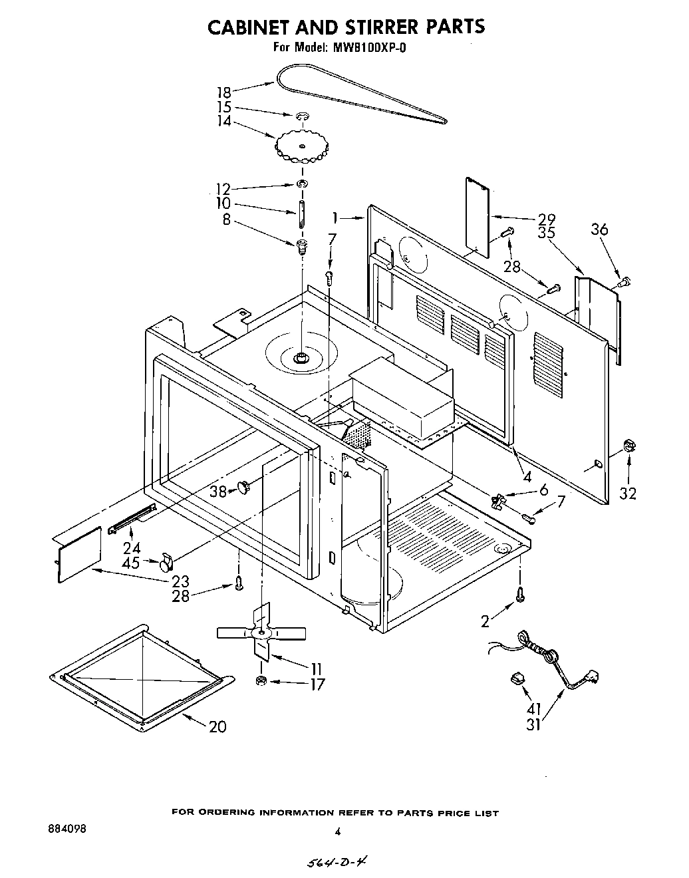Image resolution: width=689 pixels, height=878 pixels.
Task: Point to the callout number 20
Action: tap(217, 726)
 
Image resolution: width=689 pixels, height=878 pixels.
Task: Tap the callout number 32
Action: tap(627, 493)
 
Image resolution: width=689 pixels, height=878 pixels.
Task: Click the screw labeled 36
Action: tap(623, 283)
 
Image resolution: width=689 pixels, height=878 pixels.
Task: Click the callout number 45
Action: tap(131, 563)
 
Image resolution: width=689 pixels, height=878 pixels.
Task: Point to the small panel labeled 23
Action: tap(79, 555)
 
